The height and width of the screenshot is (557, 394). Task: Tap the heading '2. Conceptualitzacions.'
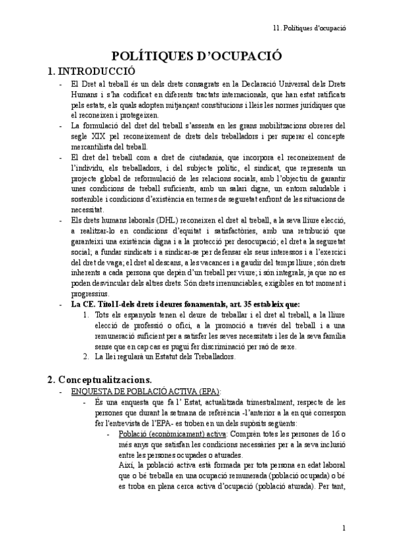pos(100,380)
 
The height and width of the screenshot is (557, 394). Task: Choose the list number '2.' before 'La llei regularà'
pos(87,357)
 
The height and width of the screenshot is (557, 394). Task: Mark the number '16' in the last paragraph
pos(332,435)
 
